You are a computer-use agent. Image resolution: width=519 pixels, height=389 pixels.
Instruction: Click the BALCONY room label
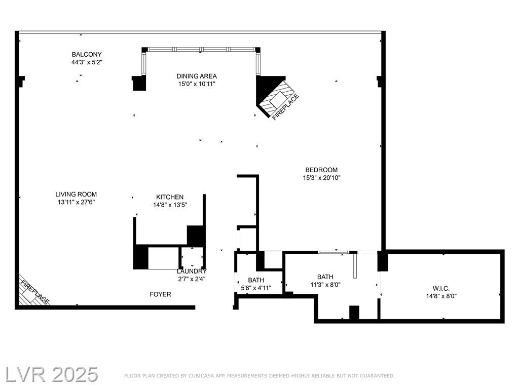[x=87, y=54]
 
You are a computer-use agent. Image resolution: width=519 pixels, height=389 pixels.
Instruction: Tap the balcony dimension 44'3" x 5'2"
[x=87, y=62]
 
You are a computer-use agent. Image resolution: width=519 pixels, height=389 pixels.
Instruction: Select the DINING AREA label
[x=197, y=76]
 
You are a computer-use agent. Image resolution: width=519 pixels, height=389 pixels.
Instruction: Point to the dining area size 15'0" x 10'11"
[x=197, y=84]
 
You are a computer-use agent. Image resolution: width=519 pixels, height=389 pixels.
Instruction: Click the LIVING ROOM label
[x=76, y=194]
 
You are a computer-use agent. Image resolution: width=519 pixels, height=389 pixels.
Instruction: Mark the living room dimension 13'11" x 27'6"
[x=76, y=202]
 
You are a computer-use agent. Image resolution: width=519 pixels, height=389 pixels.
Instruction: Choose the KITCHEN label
[x=170, y=197]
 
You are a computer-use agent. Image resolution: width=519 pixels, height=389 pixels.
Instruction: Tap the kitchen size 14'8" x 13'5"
[x=170, y=205]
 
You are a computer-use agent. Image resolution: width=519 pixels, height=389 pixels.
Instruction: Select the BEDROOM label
[x=321, y=170]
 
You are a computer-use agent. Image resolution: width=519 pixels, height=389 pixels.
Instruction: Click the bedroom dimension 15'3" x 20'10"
[x=322, y=178]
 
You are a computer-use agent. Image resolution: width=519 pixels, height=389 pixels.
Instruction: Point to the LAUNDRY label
[x=192, y=271]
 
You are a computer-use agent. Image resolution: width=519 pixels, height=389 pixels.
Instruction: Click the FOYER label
[x=161, y=294]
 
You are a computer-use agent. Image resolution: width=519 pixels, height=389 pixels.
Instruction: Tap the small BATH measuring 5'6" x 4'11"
[x=256, y=280]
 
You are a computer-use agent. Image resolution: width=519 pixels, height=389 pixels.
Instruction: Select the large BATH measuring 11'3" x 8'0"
[x=325, y=277]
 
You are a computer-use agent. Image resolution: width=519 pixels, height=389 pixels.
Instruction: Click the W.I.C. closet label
[x=441, y=288]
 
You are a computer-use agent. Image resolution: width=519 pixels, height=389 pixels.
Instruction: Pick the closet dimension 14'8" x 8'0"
[x=441, y=296]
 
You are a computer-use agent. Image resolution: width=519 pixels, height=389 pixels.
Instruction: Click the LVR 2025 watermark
[x=52, y=374]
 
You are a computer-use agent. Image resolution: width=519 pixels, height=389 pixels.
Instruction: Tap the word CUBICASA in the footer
[x=202, y=376]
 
